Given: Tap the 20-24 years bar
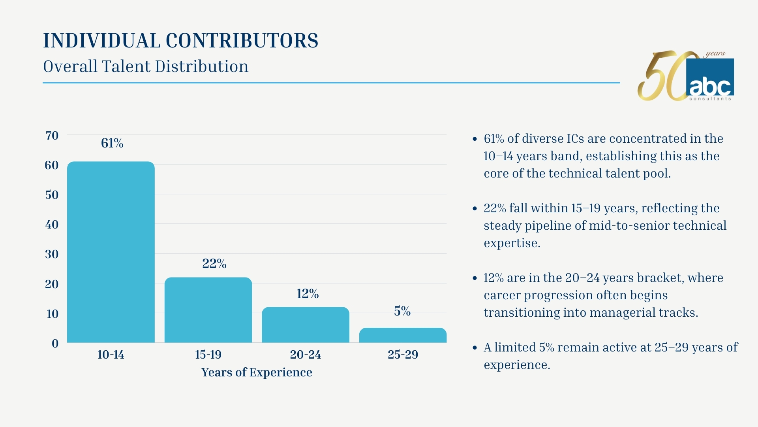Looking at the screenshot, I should coord(306,325).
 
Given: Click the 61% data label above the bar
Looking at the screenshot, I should coord(112,143).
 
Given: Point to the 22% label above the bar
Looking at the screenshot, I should coord(214,264).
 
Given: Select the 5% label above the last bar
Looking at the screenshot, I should coord(402,311).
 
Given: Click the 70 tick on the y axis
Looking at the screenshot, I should coord(52,136).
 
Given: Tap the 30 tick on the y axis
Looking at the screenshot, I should coord(52,254).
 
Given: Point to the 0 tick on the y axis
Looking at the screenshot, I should coord(55,343).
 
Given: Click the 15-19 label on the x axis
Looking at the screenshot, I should coord(208,355).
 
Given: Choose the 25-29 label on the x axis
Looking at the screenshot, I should coord(403,355).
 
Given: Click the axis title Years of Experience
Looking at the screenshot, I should coord(257,372).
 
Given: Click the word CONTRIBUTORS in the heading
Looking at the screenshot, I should coord(242,41).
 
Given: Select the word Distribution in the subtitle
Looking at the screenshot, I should coord(202,66).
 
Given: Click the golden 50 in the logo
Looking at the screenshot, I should coord(663,77).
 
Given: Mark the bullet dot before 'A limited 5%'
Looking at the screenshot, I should coord(475,348).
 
